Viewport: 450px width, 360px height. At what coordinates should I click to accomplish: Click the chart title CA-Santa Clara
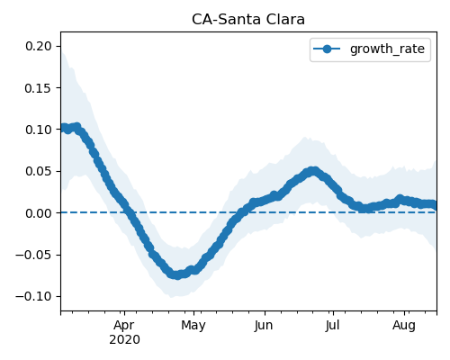click(248, 20)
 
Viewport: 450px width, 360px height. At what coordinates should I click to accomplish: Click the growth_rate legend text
click(387, 49)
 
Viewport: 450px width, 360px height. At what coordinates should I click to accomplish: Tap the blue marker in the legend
click(327, 49)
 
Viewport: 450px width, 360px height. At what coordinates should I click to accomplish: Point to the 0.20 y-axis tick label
click(38, 46)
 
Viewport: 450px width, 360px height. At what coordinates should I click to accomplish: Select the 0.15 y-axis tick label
click(38, 88)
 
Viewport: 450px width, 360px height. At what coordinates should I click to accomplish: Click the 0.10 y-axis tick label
click(38, 130)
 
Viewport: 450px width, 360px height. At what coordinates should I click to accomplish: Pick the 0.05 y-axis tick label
click(38, 171)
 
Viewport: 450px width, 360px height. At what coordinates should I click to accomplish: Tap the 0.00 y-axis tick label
click(38, 213)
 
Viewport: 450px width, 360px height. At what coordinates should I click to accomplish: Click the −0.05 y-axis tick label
click(33, 255)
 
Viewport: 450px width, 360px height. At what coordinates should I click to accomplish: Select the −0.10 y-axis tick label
click(33, 297)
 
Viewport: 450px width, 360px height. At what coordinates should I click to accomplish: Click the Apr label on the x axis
click(124, 326)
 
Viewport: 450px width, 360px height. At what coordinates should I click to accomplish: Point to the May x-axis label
click(193, 326)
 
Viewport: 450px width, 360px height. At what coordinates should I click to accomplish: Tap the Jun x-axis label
click(264, 326)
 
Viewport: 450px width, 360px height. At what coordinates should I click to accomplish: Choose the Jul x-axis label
click(333, 326)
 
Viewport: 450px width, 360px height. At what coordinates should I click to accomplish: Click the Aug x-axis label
click(404, 326)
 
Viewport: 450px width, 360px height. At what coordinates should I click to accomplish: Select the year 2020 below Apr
click(124, 340)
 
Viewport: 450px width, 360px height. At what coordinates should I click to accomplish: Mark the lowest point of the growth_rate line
click(177, 275)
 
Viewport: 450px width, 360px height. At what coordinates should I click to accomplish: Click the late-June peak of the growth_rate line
click(313, 171)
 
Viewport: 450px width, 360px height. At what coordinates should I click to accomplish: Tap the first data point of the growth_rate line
click(62, 128)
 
